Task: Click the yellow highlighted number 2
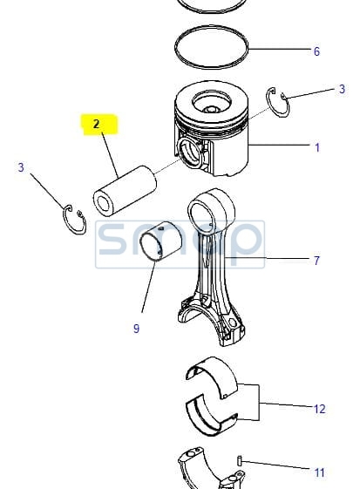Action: click(x=96, y=124)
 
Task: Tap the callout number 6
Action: click(x=316, y=51)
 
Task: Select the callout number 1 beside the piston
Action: click(x=317, y=147)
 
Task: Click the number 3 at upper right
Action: click(x=342, y=89)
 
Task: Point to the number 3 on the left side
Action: click(x=21, y=167)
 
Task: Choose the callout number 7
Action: click(x=316, y=261)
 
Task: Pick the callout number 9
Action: click(x=136, y=329)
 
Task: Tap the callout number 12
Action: click(x=319, y=409)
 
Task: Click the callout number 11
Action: click(x=319, y=472)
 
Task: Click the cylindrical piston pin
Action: click(x=125, y=191)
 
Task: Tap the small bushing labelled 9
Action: click(x=160, y=240)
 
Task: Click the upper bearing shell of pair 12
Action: click(x=212, y=377)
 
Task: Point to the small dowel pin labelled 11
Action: click(x=239, y=460)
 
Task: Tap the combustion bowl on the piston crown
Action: click(x=212, y=103)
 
